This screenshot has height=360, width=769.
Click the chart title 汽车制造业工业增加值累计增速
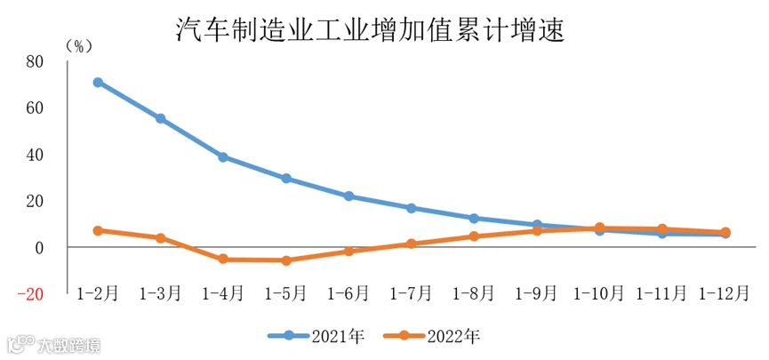tap(372, 30)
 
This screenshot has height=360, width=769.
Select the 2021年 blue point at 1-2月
tap(98, 82)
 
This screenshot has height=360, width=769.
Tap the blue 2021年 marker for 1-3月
tap(160, 118)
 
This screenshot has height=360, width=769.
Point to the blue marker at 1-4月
tap(223, 157)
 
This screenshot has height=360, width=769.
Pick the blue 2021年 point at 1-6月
tap(348, 196)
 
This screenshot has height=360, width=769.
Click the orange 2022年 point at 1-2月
tap(98, 230)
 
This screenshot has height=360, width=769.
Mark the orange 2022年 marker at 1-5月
tap(286, 260)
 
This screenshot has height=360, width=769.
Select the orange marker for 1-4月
tap(223, 259)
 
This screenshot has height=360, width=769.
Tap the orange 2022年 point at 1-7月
tap(412, 244)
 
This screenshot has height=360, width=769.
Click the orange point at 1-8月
tap(474, 236)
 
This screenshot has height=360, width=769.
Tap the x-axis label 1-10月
tap(599, 293)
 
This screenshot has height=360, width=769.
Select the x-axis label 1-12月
tap(725, 293)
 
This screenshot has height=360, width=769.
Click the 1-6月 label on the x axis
tap(348, 293)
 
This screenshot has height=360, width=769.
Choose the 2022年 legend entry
tap(432, 336)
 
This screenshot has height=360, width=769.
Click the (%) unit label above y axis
tap(77, 46)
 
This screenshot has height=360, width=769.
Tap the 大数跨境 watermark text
tap(69, 345)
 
